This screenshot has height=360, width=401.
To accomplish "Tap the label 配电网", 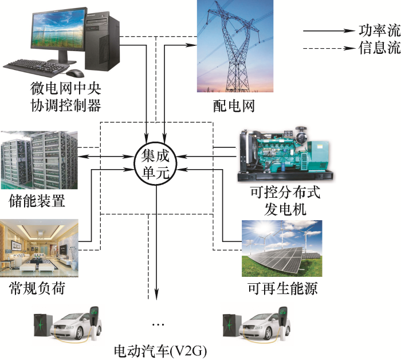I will (x=231, y=105).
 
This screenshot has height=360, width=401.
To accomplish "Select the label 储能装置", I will (x=37, y=201).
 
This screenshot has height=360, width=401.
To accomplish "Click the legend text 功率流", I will (x=379, y=29).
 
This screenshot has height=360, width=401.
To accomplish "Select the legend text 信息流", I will (x=379, y=48).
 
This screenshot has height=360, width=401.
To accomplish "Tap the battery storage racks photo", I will (x=38, y=160).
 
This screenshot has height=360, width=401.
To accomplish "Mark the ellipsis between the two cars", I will (x=158, y=324).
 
